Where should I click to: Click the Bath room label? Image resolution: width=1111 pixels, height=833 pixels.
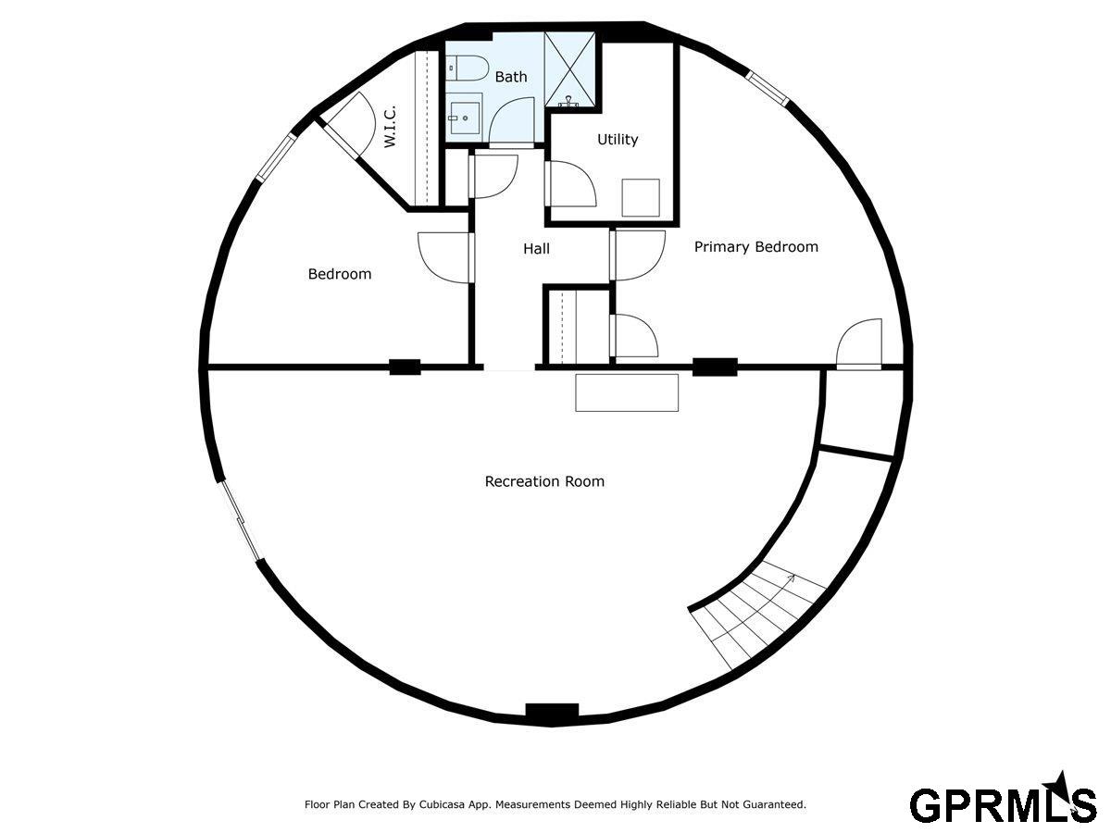[x=511, y=77]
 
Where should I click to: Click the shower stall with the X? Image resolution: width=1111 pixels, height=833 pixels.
[x=569, y=69]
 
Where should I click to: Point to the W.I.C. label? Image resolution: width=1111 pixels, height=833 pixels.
[x=390, y=127]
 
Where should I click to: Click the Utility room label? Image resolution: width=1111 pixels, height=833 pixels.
[x=617, y=139]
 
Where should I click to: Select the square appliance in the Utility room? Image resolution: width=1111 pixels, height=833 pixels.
[x=641, y=198]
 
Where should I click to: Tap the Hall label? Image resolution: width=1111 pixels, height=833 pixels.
[x=536, y=248]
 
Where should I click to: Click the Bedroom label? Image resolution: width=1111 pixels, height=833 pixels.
[x=340, y=274]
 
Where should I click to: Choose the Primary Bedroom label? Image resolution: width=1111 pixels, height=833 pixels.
[x=756, y=246]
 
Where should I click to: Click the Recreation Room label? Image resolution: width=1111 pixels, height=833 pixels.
[x=544, y=481]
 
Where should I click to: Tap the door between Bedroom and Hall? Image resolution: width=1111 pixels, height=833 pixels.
[x=445, y=257]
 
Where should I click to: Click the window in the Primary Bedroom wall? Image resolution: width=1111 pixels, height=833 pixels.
[x=768, y=89]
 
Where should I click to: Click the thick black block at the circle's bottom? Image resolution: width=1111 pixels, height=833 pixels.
[x=552, y=712]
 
